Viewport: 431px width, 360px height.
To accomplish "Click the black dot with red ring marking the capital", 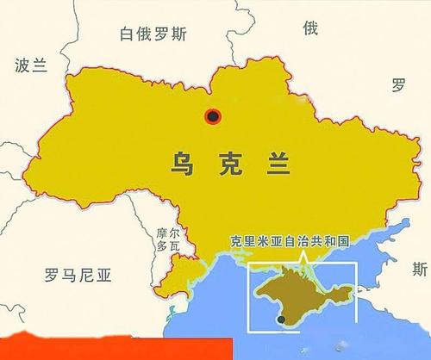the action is (212, 116).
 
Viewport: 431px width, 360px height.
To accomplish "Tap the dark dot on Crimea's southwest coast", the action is (279, 320).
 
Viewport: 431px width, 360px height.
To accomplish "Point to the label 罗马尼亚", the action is (78, 276).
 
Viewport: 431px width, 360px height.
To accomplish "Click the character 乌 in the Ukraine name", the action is (178, 160).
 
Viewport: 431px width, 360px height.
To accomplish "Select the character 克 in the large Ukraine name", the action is (228, 160).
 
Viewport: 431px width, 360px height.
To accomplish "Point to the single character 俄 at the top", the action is (309, 28).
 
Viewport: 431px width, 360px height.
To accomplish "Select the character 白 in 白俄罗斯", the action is (129, 36).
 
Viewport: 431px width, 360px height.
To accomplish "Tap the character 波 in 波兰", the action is (22, 65).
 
